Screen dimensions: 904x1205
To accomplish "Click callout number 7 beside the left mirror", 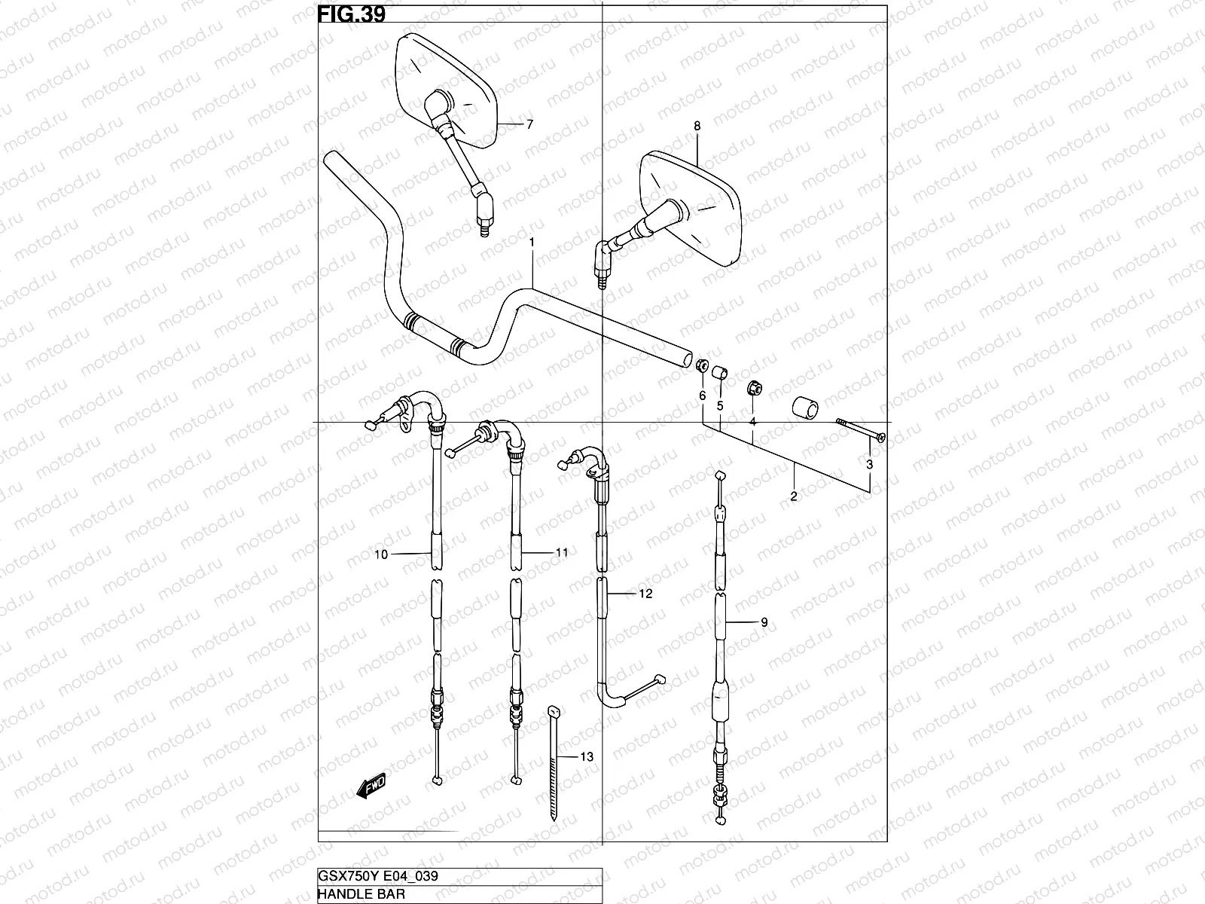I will (x=529, y=124).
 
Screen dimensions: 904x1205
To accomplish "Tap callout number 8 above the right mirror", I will (x=697, y=127).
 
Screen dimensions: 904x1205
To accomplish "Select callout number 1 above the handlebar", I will (x=532, y=243).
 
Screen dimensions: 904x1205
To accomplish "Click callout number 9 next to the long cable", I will (x=764, y=622).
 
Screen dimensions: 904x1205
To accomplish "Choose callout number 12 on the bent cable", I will (x=645, y=594).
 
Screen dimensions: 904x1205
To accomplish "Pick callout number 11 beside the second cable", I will (x=562, y=552).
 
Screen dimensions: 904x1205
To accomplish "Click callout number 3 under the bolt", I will (x=869, y=465).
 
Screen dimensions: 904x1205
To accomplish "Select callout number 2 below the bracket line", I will (x=793, y=496).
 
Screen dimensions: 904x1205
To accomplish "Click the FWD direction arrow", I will (x=370, y=788).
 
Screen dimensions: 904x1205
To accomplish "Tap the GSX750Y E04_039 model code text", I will (x=379, y=875).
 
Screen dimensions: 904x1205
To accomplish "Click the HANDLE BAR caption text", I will (x=361, y=894).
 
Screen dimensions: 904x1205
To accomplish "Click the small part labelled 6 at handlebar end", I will (x=700, y=366).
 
